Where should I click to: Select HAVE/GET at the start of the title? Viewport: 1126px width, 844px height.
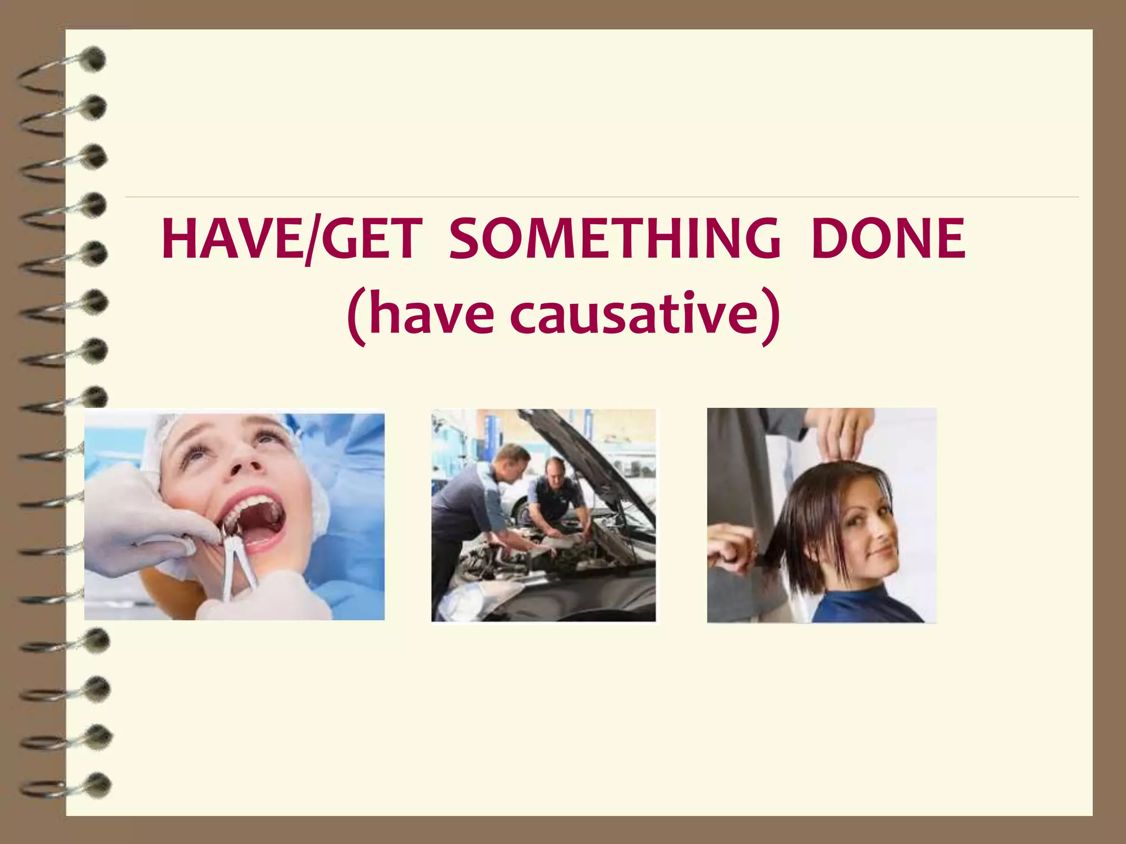coord(292,240)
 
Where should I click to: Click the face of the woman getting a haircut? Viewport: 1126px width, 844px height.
coord(869,527)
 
